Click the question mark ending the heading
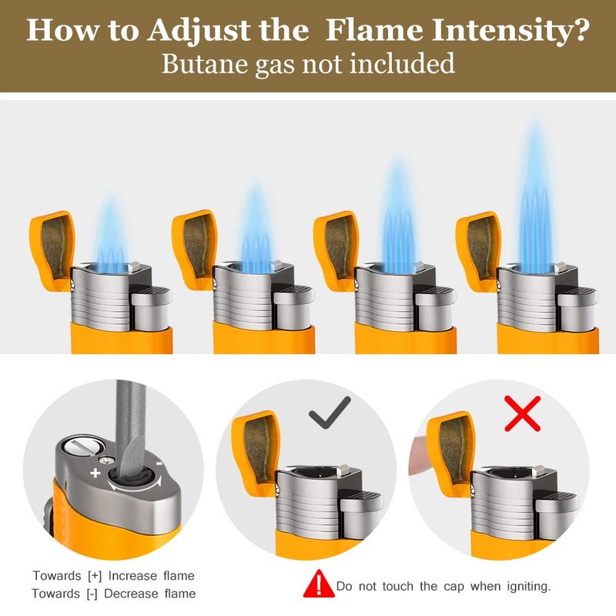[577, 30]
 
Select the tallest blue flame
[535, 196]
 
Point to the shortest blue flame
[111, 235]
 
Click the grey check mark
[330, 413]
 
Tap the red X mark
[523, 413]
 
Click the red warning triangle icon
[319, 584]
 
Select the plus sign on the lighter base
[95, 473]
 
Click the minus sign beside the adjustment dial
[159, 464]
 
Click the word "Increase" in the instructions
[132, 575]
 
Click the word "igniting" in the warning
[529, 587]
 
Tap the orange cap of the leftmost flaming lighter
[52, 252]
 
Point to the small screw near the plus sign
[105, 460]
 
